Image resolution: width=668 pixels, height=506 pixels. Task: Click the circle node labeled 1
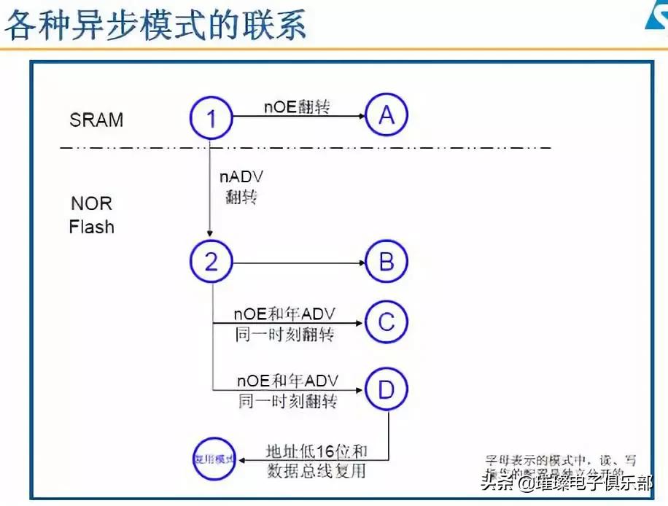tap(211, 117)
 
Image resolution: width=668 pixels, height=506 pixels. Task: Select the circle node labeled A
tap(386, 114)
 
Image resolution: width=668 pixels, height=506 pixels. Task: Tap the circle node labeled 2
tap(211, 262)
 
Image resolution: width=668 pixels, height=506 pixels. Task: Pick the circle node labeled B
tap(386, 262)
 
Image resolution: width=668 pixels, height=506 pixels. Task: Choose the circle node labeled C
tap(386, 322)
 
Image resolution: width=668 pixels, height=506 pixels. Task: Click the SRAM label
tap(96, 120)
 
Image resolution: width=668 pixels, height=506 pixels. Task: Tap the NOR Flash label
tap(92, 215)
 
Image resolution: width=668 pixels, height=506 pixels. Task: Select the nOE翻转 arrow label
tap(297, 106)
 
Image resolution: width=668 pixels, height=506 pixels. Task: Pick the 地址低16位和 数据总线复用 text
tap(316, 461)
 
